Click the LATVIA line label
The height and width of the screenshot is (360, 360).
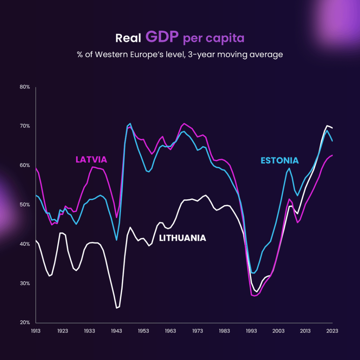pyautogui.click(x=91, y=160)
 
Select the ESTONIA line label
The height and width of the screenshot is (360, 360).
pyautogui.click(x=279, y=161)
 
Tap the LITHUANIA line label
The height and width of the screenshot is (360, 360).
pyautogui.click(x=182, y=238)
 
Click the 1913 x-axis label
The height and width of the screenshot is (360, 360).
pyautogui.click(x=36, y=331)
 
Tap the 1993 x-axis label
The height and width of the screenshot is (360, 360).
pyautogui.click(x=251, y=331)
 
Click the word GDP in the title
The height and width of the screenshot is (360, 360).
pyautogui.click(x=162, y=37)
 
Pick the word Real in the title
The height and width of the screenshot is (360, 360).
pyautogui.click(x=128, y=38)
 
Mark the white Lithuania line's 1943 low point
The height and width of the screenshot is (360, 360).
pyautogui.click(x=117, y=308)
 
